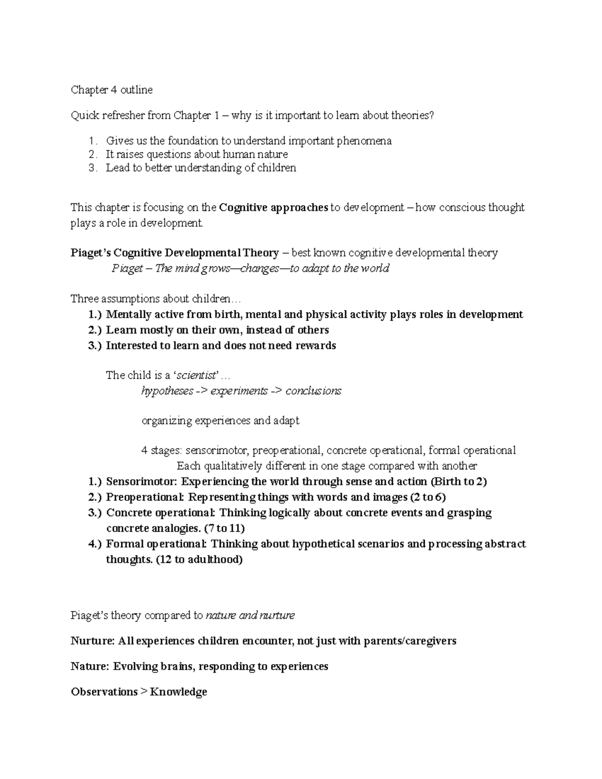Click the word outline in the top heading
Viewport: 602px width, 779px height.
tap(136, 90)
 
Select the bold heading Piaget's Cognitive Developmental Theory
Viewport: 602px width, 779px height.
tap(175, 253)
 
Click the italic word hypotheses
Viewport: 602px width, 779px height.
tap(167, 391)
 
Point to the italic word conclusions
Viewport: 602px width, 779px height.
tap(313, 391)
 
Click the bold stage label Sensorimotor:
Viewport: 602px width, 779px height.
tap(141, 482)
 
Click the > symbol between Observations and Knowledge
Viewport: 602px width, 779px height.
tap(143, 692)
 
